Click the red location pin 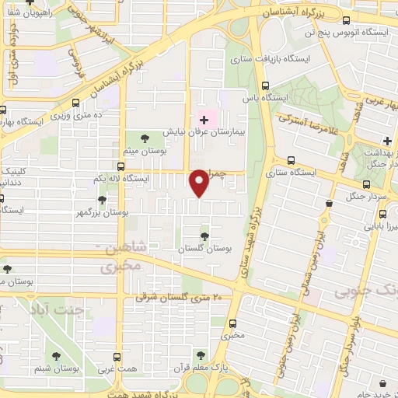click(x=200, y=182)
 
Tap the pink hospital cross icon click(x=204, y=120)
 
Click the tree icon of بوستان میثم click(x=146, y=138)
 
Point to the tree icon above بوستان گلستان click(x=205, y=236)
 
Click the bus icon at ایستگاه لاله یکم click(x=120, y=166)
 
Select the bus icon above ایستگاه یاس click(x=266, y=86)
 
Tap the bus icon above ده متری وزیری click(x=75, y=102)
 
